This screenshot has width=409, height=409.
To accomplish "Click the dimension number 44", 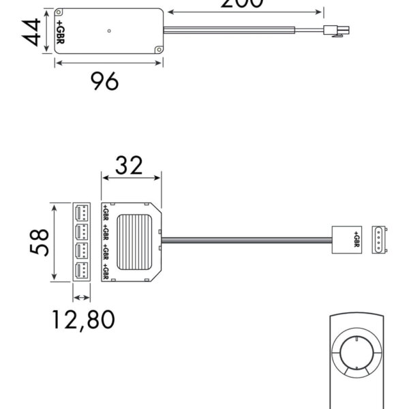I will [31, 31].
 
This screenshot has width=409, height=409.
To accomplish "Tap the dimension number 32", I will [130, 166].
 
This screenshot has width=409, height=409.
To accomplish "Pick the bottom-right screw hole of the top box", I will [158, 49].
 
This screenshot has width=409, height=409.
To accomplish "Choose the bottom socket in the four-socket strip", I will [81, 270].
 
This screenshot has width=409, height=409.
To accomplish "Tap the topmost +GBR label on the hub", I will [106, 213].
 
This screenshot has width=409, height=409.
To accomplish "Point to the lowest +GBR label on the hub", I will [106, 272].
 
